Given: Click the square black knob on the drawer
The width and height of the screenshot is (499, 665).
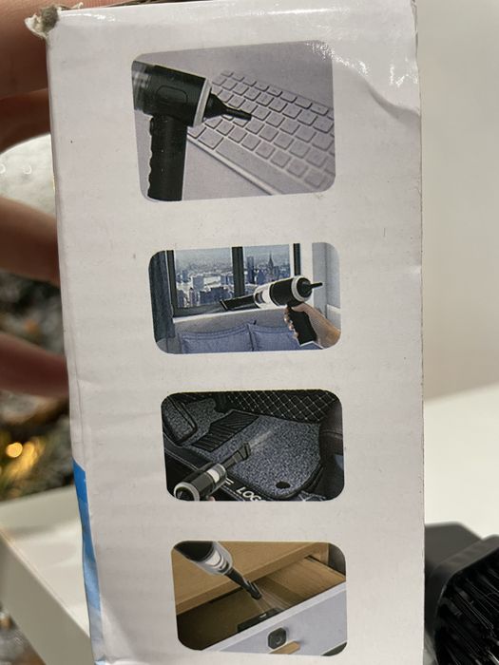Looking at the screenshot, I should (277, 634).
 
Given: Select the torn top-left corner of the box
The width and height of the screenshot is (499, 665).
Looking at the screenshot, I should (44, 19).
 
